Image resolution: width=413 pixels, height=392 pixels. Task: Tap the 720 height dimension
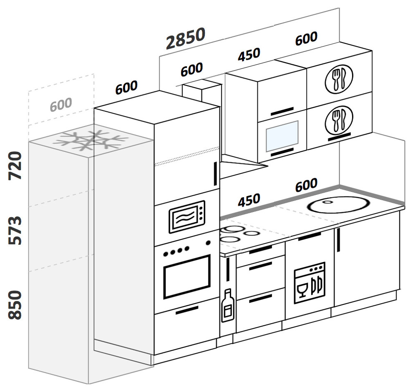tap(15, 166)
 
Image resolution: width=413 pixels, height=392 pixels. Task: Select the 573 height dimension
tap(15, 230)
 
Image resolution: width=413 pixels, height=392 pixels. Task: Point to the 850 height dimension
tap(15, 305)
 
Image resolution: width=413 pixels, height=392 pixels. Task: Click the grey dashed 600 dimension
tap(61, 104)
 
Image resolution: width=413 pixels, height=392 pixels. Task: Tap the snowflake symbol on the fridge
tap(90, 140)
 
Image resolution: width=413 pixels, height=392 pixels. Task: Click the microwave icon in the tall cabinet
tap(186, 217)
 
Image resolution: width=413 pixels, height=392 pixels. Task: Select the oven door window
tap(186, 276)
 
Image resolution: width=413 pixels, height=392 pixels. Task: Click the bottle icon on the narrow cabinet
tap(227, 306)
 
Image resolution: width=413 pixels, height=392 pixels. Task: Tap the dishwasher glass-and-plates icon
tap(309, 283)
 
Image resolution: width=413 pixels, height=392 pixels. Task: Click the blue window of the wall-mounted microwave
tap(282, 136)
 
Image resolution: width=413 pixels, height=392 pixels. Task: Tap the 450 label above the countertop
tap(249, 201)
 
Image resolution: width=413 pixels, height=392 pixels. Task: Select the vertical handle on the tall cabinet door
tap(215, 174)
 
